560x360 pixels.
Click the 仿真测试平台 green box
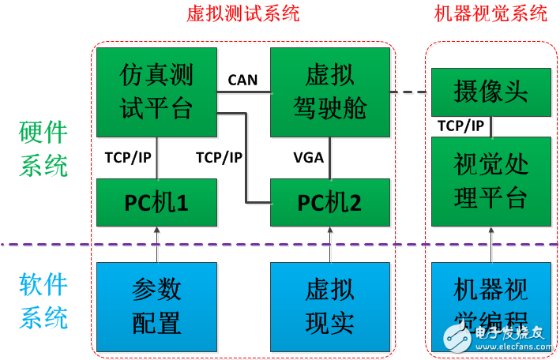156,91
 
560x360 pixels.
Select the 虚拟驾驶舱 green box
330,91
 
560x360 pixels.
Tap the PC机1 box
156,202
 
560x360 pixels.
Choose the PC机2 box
330,202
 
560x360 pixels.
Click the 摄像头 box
490,92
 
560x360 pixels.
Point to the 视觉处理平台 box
490,181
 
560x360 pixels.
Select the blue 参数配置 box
156,306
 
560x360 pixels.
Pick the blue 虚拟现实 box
330,306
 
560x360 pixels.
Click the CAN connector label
243,79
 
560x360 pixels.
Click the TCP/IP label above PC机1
128,157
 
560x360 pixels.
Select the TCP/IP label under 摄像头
462,126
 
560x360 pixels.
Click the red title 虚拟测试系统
242,13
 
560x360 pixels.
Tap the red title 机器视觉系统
490,13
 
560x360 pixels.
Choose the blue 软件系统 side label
43,302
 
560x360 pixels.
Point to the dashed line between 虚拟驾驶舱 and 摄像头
411,92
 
